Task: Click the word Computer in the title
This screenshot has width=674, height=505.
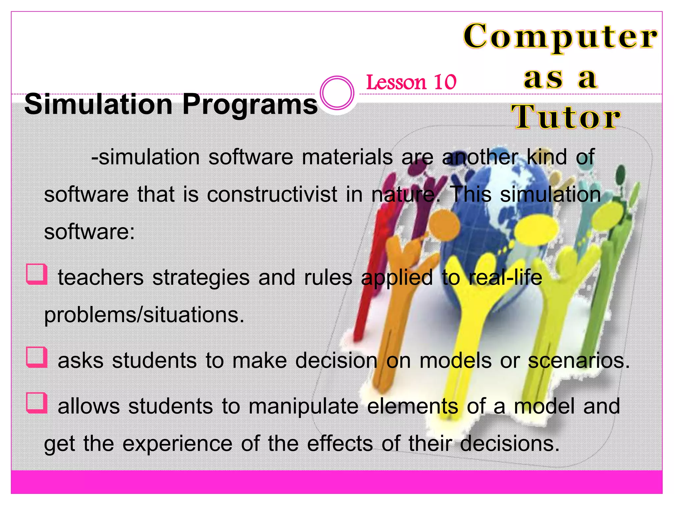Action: tap(560, 36)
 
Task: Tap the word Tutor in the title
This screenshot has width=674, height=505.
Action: tap(565, 117)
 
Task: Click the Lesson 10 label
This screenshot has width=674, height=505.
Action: tap(411, 82)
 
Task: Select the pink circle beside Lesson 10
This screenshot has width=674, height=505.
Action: tap(337, 93)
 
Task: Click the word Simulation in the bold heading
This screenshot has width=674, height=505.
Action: tap(98, 105)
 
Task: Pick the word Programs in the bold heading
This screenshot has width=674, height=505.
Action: tap(250, 105)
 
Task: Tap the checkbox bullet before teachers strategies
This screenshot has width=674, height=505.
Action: tap(37, 274)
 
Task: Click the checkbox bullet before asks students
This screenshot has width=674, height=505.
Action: tap(37, 357)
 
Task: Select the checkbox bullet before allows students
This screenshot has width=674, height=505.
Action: tap(37, 403)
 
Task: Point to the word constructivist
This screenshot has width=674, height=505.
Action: tap(272, 194)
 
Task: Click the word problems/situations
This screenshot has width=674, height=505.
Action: tap(144, 315)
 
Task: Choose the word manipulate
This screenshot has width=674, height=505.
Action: tap(303, 406)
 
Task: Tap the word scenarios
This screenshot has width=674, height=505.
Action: tap(579, 361)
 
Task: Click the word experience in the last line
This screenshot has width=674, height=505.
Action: tap(178, 444)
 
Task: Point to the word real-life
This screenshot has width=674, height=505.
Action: tap(505, 277)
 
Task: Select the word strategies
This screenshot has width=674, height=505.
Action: tap(201, 277)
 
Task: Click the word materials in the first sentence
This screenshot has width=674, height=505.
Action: tap(347, 157)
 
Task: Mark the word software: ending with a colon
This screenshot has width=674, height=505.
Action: tap(90, 232)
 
